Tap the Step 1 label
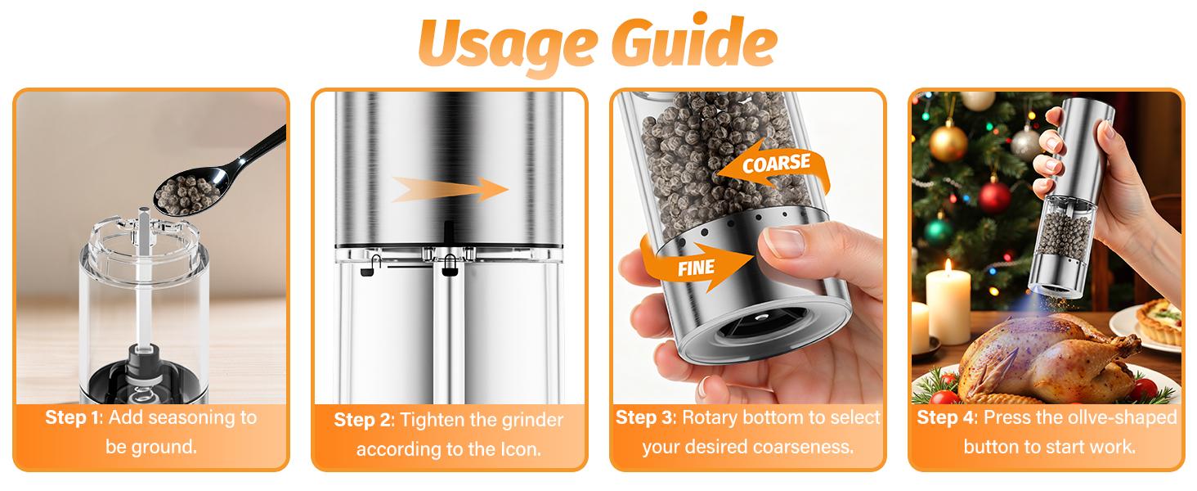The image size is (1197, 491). click(x=72, y=417)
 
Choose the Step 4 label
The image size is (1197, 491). click(x=946, y=417)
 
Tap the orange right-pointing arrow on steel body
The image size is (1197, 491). click(x=450, y=190)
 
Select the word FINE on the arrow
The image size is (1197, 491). click(x=696, y=267)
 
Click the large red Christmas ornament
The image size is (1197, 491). click(x=994, y=197)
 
